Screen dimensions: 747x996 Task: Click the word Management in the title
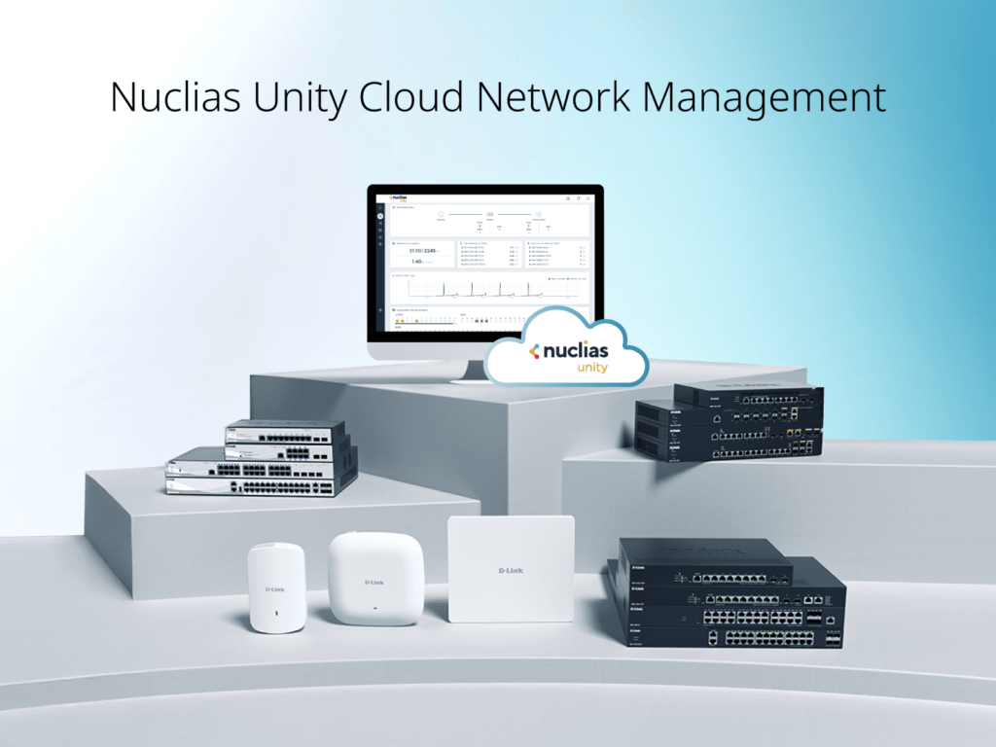point(767,98)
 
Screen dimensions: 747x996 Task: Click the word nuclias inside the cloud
point(575,350)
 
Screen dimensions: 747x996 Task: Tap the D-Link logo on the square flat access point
point(510,569)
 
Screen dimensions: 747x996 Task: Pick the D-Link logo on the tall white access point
point(276,588)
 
